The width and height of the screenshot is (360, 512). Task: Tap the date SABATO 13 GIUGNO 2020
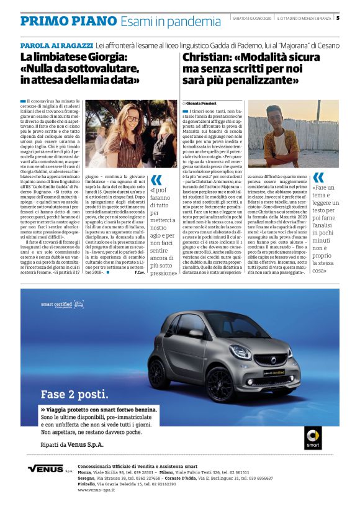[251, 17]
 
